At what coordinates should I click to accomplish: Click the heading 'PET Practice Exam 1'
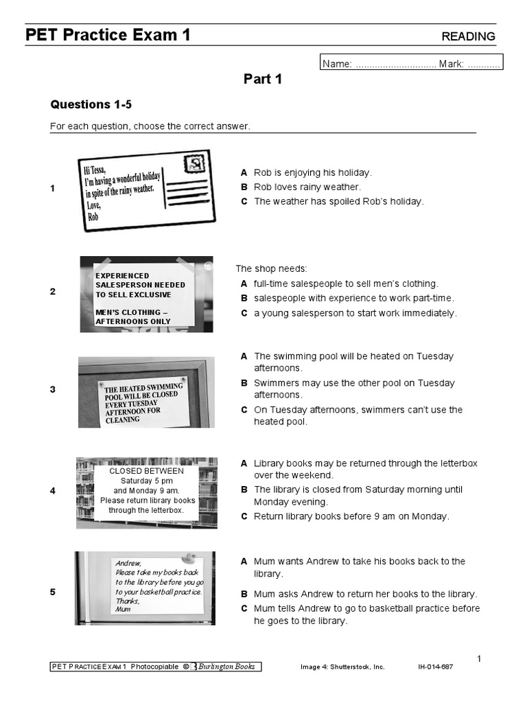click(x=108, y=35)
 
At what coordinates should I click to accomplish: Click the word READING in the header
click(x=468, y=36)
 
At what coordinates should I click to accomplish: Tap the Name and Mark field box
click(x=412, y=63)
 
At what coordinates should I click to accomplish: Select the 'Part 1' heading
click(x=263, y=79)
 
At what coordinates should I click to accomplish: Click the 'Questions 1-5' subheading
click(x=91, y=104)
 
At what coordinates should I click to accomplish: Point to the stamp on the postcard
click(x=196, y=163)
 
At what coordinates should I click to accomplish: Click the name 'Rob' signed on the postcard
click(x=93, y=216)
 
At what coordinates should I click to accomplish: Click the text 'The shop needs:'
click(x=272, y=268)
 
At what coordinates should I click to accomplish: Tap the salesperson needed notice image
click(x=146, y=294)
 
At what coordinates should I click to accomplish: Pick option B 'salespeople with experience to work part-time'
click(x=353, y=298)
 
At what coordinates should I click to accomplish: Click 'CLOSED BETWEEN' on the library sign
click(x=147, y=471)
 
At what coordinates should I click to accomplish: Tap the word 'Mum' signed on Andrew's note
click(x=123, y=609)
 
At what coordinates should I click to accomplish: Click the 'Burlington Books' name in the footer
click(x=226, y=667)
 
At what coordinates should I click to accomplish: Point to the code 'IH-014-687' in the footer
click(x=436, y=667)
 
